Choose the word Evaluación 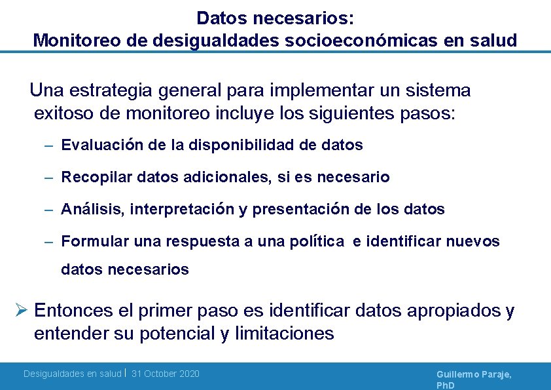[x=103, y=145]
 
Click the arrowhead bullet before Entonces [x=20, y=310]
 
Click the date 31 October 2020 [x=166, y=374]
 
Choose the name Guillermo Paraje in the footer [x=474, y=374]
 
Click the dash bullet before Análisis [x=49, y=210]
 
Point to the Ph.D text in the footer [x=446, y=385]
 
